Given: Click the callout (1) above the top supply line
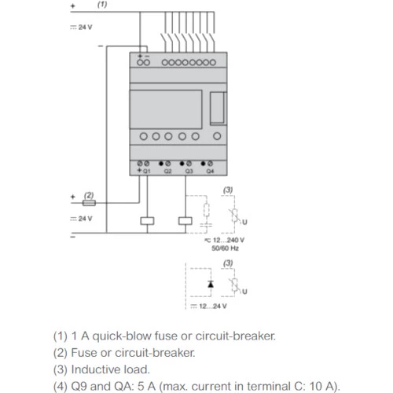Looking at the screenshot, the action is [x=102, y=5].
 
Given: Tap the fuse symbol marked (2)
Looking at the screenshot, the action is [x=89, y=203].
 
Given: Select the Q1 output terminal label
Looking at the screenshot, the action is [x=147, y=171].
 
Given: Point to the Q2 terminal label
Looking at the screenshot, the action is [x=167, y=171].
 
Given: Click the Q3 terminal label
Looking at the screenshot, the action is [x=189, y=171].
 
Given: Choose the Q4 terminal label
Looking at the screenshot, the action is [x=210, y=171].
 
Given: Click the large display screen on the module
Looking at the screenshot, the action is [x=166, y=109].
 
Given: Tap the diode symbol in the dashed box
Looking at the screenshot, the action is [x=211, y=284].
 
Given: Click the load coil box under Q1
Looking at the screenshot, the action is [x=147, y=221].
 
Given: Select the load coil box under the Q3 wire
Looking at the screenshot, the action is [x=185, y=221].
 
